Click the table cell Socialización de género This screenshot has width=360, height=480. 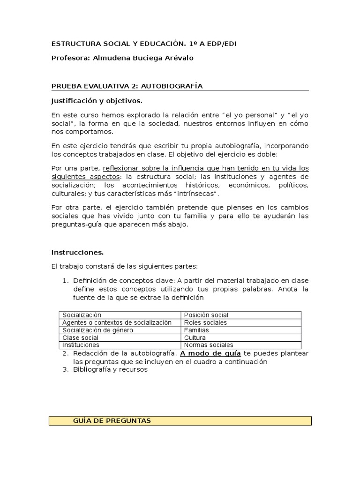tap(98, 330)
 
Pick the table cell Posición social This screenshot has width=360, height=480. tap(206, 315)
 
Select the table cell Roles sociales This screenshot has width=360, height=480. tap(205, 322)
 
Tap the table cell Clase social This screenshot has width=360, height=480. tap(80, 337)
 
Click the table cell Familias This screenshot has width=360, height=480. tap(196, 330)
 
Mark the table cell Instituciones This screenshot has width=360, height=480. tap(81, 345)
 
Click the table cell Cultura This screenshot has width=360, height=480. tap(195, 337)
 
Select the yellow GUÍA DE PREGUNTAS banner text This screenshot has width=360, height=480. tap(112, 420)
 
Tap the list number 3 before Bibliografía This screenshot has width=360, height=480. tap(66, 369)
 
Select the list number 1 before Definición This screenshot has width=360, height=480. tap(66, 281)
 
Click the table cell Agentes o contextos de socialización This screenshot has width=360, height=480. tap(117, 322)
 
